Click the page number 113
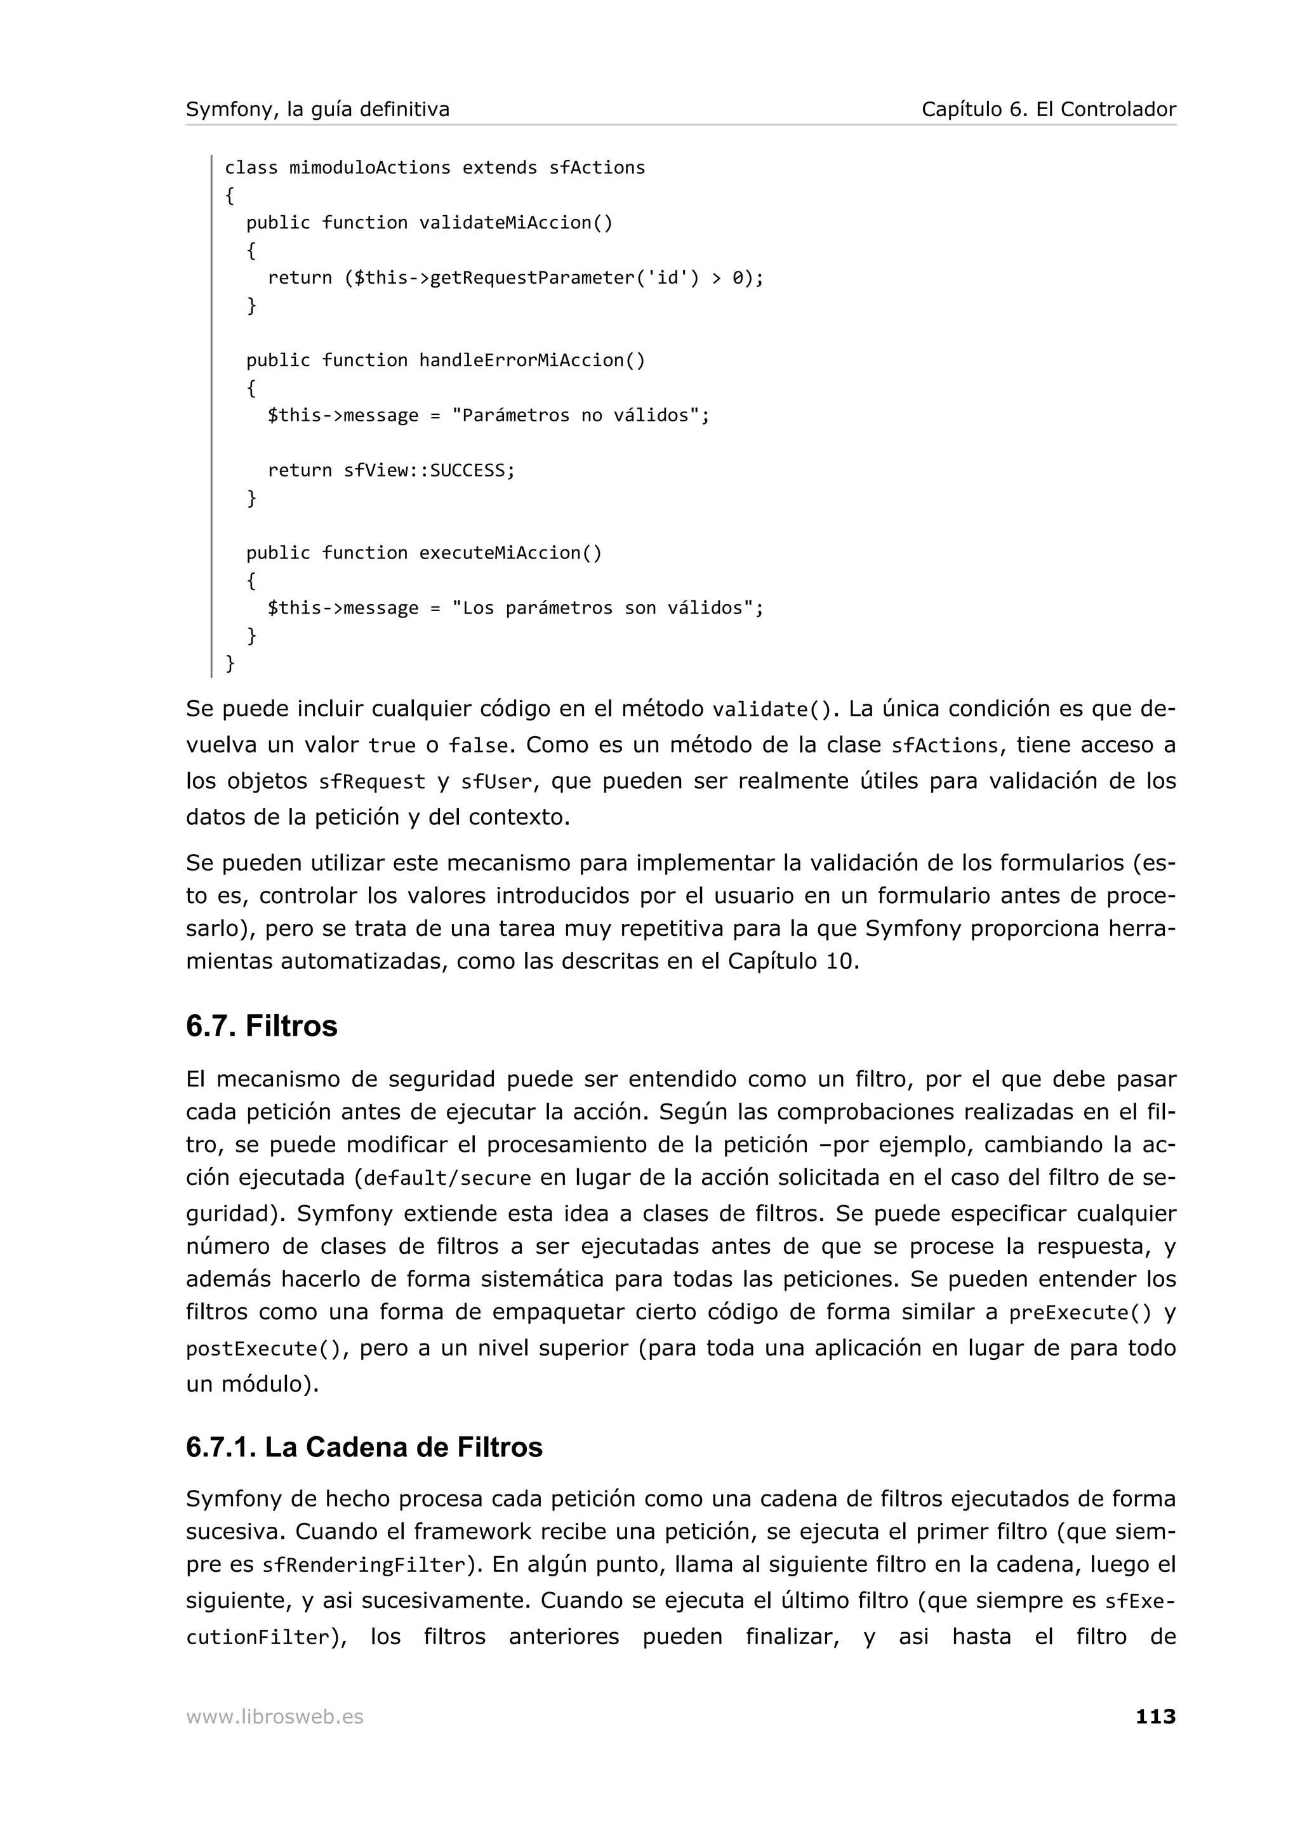(x=1155, y=1717)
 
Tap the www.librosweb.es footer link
(x=275, y=1717)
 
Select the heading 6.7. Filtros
(x=262, y=1026)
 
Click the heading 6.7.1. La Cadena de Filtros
(x=364, y=1447)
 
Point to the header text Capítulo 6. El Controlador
(x=1049, y=109)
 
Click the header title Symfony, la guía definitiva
(x=318, y=109)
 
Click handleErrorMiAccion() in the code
(x=532, y=360)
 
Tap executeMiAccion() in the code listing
(x=510, y=553)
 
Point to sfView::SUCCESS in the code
(x=428, y=470)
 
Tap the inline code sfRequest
(x=372, y=782)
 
